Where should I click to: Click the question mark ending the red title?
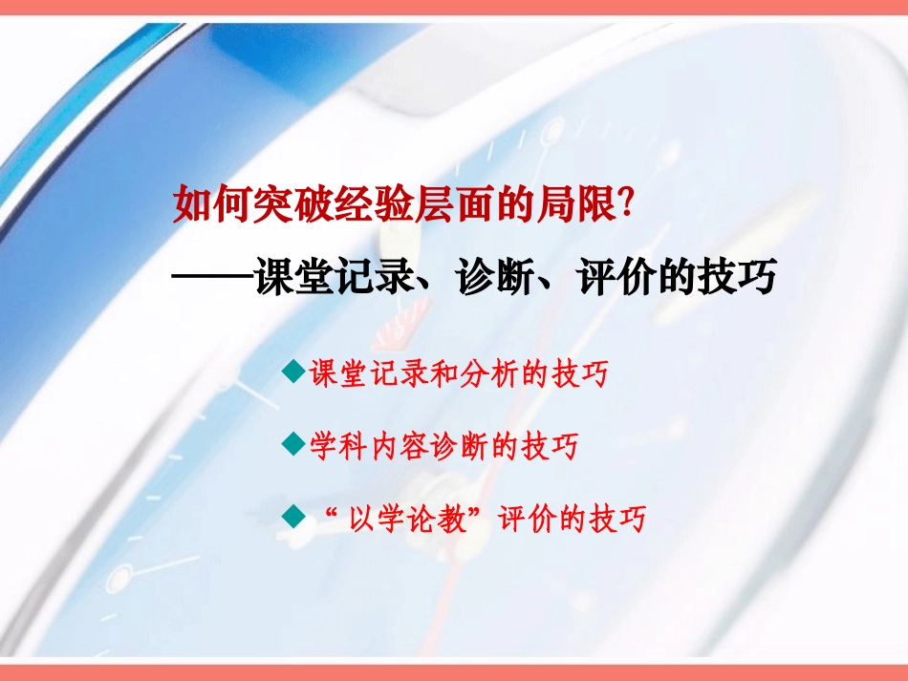point(626,202)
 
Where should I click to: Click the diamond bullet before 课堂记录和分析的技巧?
point(295,372)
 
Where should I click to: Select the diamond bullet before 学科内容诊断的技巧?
point(295,444)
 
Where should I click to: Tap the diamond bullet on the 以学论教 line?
point(295,517)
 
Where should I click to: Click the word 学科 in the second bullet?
point(338,446)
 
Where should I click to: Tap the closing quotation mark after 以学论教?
point(482,513)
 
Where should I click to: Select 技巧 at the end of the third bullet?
point(618,519)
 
